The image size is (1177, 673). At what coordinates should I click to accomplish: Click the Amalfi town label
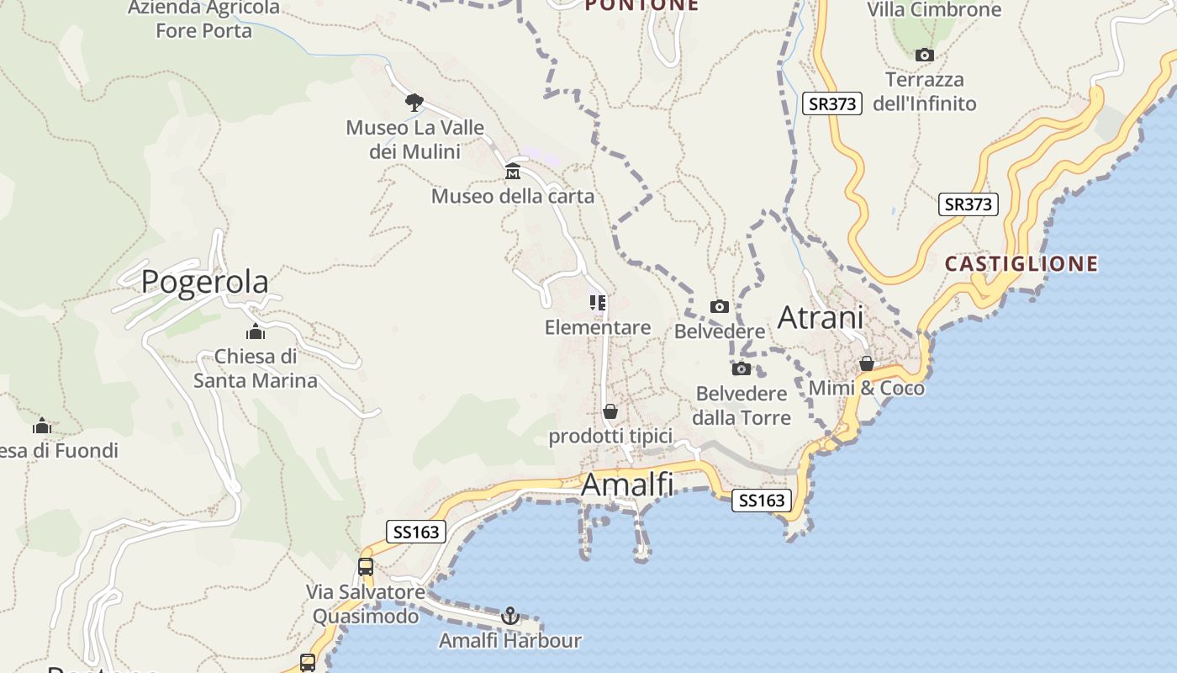click(627, 485)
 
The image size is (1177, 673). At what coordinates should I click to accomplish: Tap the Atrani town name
click(820, 317)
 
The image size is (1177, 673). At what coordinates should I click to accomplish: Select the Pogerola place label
click(204, 281)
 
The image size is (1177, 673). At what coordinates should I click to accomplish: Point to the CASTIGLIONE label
click(1021, 264)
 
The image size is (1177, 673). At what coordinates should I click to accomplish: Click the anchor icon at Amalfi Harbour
click(509, 616)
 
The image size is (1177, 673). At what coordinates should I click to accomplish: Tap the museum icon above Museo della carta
click(513, 172)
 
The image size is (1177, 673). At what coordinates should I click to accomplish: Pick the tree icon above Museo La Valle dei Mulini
click(414, 103)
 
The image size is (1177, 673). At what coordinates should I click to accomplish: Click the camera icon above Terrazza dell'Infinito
click(924, 56)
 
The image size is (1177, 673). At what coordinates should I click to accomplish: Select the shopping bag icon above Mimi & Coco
click(866, 363)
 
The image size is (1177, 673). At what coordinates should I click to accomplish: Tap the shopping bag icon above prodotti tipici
click(610, 411)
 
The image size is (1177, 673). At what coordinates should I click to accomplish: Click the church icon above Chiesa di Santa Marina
click(256, 332)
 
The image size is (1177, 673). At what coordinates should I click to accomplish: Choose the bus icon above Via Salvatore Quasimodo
click(365, 566)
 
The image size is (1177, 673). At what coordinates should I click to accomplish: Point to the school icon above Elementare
click(598, 303)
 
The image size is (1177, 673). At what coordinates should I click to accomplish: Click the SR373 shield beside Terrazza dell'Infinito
click(831, 103)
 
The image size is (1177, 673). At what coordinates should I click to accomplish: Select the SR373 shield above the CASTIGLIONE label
click(968, 204)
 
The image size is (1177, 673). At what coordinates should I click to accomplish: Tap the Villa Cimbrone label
click(934, 9)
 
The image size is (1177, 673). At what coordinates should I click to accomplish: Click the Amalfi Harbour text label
click(509, 640)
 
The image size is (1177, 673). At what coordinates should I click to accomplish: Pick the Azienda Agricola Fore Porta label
click(203, 19)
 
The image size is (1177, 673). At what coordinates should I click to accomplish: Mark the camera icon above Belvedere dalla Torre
click(741, 368)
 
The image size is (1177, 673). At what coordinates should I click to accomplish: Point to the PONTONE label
click(641, 5)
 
